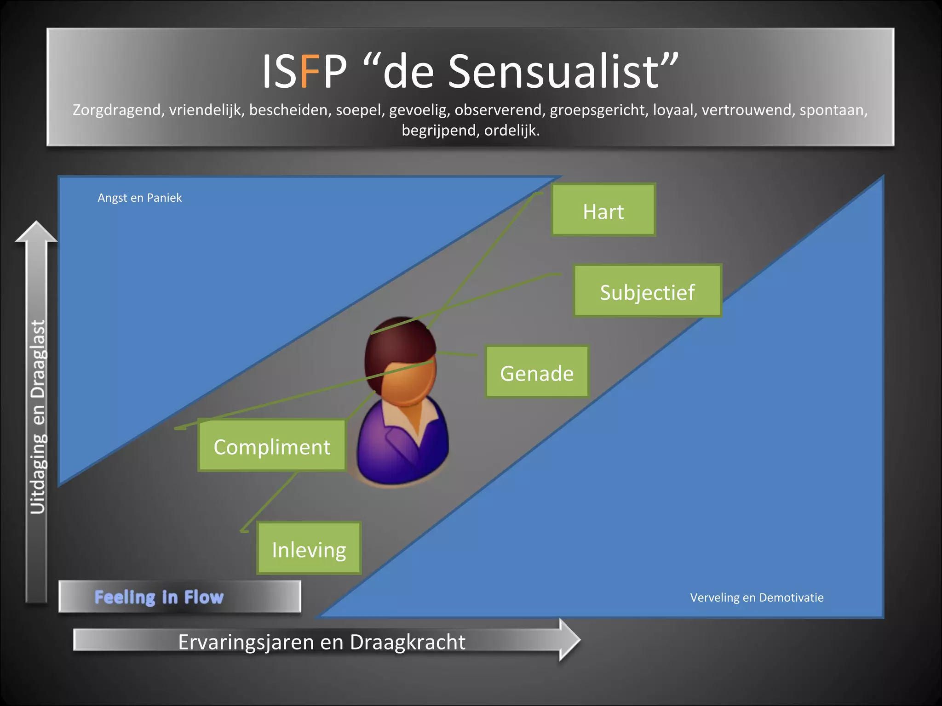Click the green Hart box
coord(603,211)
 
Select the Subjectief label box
coord(647,291)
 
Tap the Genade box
coord(537,372)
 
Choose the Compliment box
coord(272,446)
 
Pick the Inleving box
coord(309,549)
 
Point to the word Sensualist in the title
coord(554,71)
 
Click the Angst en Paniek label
coord(140,198)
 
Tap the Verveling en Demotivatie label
coord(757,598)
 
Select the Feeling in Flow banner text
coord(159,597)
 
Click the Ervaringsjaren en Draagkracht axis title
coord(322,642)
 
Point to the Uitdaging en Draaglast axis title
coord(38,416)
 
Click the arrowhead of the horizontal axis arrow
coord(569,639)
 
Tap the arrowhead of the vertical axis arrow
coord(36,232)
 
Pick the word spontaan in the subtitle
coord(833,110)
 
